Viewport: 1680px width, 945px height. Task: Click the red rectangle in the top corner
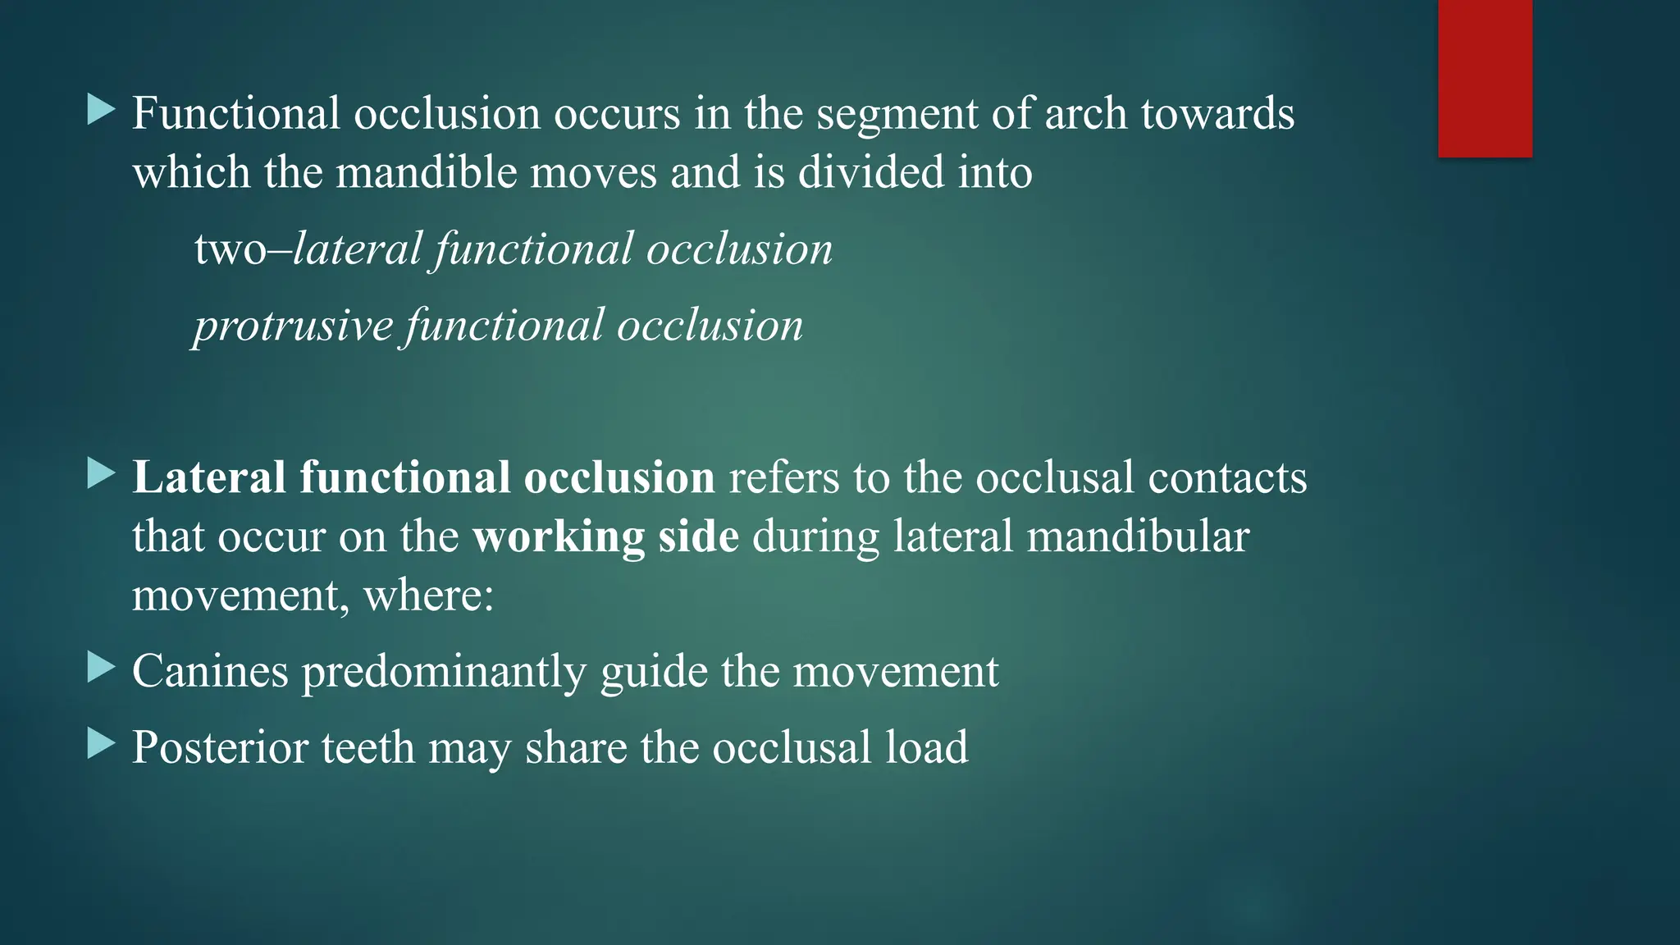1485,79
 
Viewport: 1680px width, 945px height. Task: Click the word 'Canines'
210,671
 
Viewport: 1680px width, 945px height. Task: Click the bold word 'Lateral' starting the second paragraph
209,477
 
